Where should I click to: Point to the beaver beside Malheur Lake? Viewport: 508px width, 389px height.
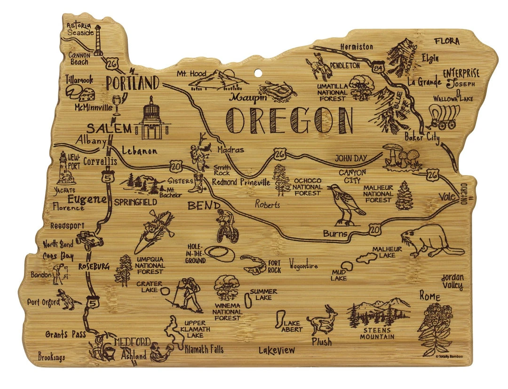tap(426, 241)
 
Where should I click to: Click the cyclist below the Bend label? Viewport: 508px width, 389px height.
tap(227, 227)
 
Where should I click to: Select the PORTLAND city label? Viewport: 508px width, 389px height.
tap(132, 83)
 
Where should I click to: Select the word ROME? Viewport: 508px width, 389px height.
tap(430, 297)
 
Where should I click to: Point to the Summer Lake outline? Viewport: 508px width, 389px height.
tap(248, 301)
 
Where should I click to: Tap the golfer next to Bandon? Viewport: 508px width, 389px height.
tap(58, 274)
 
